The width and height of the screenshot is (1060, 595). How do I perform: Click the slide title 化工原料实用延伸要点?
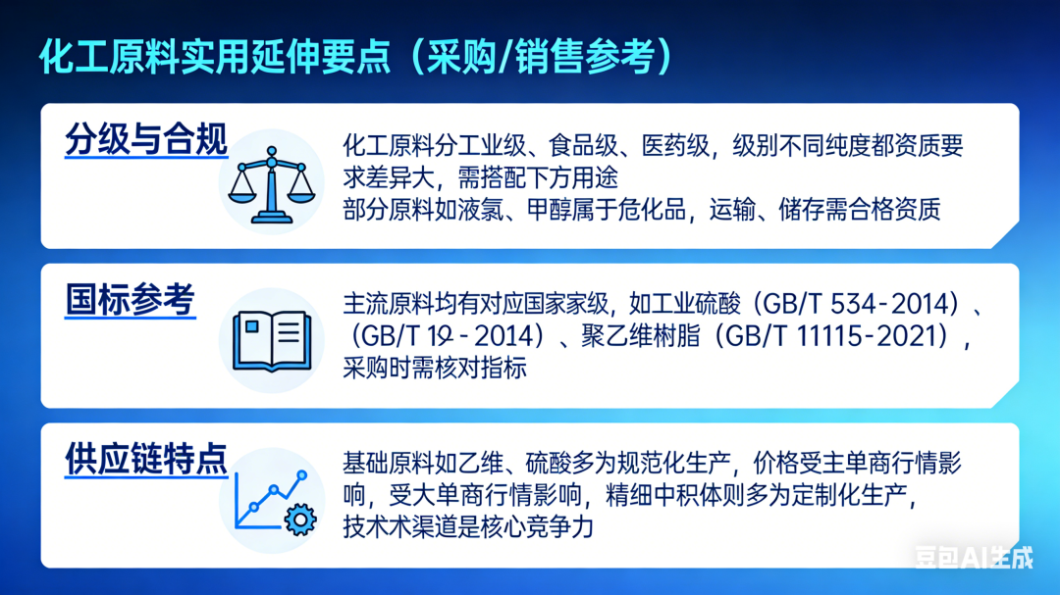point(216,56)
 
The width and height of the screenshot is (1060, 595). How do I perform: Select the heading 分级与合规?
point(146,140)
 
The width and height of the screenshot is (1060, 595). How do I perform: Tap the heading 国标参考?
point(131,299)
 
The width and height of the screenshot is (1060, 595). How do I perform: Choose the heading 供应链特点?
point(146,458)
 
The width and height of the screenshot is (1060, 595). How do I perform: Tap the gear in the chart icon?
point(299,518)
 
